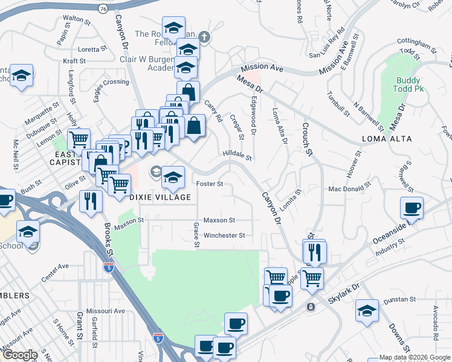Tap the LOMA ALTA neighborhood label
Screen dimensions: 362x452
tap(387, 139)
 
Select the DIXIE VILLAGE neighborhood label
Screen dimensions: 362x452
tap(160, 197)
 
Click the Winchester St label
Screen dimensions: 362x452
tap(224, 235)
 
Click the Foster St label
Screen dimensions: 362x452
tap(210, 183)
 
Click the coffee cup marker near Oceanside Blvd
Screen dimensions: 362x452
tap(412, 209)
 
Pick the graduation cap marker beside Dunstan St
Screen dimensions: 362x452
tap(367, 311)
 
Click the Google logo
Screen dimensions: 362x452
tap(20, 355)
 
